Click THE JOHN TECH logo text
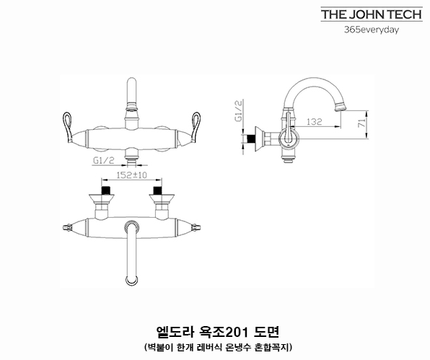(372, 14)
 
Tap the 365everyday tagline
(372, 30)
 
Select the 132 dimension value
(315, 121)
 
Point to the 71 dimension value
(362, 123)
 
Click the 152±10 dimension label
(132, 175)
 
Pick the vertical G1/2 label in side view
(239, 110)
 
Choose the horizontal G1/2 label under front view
(104, 160)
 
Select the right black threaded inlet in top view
(157, 190)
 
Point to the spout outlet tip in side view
(341, 107)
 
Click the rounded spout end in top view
(132, 280)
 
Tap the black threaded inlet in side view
(250, 139)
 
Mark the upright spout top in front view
(132, 83)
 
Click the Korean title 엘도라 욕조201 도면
(217, 333)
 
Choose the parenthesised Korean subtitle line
(219, 348)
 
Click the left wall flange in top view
(102, 199)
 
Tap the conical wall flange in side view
(260, 139)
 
